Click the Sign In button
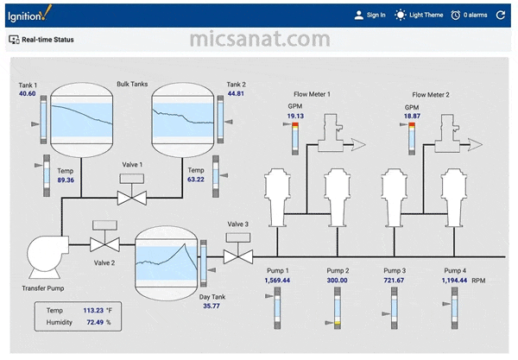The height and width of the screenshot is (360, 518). (x=370, y=15)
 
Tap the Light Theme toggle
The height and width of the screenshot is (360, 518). (x=419, y=15)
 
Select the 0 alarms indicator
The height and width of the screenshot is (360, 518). (x=469, y=15)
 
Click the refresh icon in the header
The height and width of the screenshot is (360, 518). (x=501, y=15)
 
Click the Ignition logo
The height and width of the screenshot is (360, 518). (x=29, y=14)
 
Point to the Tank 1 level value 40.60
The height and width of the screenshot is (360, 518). (x=27, y=93)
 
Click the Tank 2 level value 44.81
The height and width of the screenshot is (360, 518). (x=236, y=93)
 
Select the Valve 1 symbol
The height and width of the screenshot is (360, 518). (x=132, y=189)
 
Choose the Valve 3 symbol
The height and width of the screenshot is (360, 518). (x=238, y=249)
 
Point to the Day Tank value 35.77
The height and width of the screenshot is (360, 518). (x=212, y=306)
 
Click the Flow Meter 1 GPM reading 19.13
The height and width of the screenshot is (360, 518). (x=295, y=116)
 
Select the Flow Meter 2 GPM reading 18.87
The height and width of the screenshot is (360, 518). (x=412, y=116)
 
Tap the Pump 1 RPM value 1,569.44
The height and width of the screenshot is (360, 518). (x=277, y=281)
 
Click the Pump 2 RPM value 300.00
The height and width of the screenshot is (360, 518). (x=337, y=281)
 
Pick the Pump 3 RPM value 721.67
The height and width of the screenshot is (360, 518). (x=394, y=281)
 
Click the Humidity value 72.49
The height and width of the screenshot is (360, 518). (x=95, y=322)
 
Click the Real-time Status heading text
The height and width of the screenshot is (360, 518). (x=47, y=40)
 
